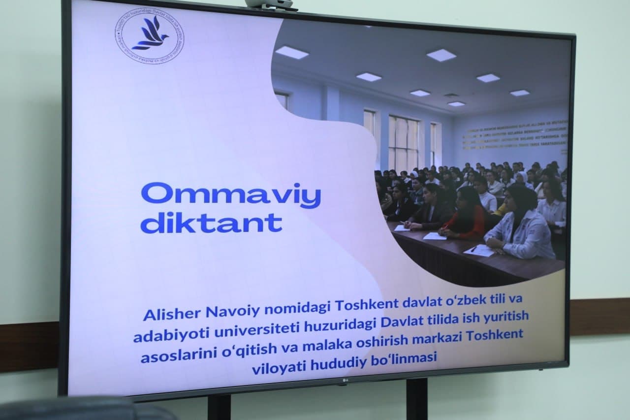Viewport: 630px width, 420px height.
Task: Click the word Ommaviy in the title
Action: (230, 196)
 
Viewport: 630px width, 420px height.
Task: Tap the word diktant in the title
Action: (211, 223)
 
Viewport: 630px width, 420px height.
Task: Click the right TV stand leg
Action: (417, 399)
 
